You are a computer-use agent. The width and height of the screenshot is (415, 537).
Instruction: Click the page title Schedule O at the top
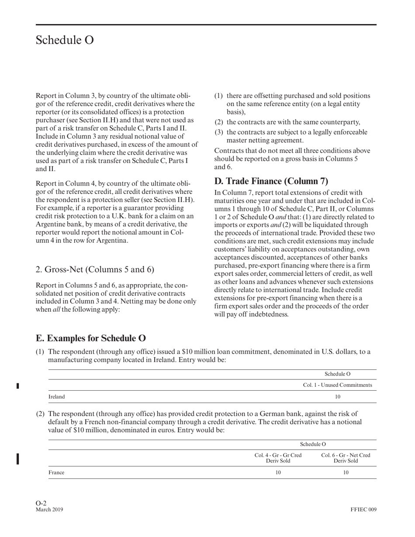tap(64, 40)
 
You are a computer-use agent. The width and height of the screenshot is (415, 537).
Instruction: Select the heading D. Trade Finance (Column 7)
tap(271, 181)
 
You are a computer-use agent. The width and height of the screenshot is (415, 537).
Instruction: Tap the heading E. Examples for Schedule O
tap(91, 338)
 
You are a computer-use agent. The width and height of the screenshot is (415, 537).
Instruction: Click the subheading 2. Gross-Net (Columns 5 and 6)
tap(95, 269)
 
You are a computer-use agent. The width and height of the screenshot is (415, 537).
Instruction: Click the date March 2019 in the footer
tap(49, 509)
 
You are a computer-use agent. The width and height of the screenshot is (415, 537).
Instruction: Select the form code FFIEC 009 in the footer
tap(363, 509)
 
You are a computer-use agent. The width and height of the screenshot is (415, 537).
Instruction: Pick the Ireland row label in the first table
tap(56, 397)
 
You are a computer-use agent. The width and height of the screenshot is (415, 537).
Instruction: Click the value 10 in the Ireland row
tap(337, 397)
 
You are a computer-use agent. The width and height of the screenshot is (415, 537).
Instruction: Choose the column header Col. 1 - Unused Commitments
tap(337, 385)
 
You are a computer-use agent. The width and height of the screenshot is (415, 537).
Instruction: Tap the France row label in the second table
tap(56, 472)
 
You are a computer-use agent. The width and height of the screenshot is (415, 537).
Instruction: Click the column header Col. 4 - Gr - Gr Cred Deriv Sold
tap(278, 458)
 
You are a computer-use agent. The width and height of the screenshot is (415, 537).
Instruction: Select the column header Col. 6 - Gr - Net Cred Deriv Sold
tap(346, 458)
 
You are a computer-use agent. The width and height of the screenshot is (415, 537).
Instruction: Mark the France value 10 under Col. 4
tap(278, 472)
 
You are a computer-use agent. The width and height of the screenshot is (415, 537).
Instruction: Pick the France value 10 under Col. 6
tap(346, 472)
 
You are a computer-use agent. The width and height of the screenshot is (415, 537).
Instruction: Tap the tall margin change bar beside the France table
tap(17, 459)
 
